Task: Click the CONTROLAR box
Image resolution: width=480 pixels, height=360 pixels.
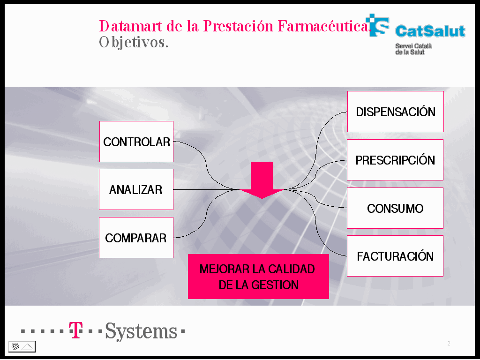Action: pos(136,142)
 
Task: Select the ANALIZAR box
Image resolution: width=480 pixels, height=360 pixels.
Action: pos(136,189)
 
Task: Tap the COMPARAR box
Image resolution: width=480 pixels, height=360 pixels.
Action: pos(136,238)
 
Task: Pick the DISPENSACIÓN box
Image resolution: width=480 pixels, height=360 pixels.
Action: pos(396,112)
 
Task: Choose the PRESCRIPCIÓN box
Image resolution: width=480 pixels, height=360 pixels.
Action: pos(395,160)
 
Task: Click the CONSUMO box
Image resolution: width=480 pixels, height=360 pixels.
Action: pos(395,208)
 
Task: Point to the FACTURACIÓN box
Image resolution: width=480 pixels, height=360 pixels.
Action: pos(395,256)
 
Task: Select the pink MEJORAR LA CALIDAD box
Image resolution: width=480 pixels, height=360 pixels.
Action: pos(258,277)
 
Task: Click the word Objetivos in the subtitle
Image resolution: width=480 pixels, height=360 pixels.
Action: pos(134,43)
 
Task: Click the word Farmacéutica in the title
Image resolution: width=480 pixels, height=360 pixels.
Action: pos(324,26)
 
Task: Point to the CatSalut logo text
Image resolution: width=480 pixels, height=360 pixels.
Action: pos(430,31)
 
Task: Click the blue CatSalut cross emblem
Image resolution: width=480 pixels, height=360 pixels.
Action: pos(377,25)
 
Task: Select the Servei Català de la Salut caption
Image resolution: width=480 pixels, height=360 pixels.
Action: pos(413,49)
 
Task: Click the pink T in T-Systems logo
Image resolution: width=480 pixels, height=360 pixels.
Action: pos(75,330)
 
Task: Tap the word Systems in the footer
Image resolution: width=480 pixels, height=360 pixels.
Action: pos(141,331)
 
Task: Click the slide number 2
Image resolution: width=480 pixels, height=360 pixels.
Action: pos(449,344)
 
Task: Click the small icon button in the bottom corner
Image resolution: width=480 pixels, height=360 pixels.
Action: pos(22,346)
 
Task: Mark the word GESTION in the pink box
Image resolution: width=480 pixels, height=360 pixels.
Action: pos(274,285)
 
